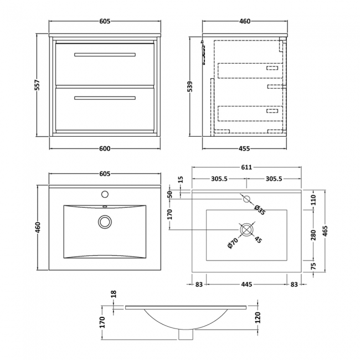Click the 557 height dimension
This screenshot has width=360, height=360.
(x=38, y=84)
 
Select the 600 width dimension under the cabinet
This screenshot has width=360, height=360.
(x=105, y=148)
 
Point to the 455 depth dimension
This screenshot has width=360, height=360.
(x=244, y=148)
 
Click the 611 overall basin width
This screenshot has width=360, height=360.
(x=246, y=168)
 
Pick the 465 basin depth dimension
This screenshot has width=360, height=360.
(x=325, y=229)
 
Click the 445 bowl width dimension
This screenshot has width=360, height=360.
(x=246, y=284)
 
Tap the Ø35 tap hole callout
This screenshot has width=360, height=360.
(x=259, y=209)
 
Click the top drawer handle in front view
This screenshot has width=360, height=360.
(x=105, y=54)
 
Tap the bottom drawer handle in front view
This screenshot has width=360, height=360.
(x=105, y=98)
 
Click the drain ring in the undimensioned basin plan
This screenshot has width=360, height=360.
(x=104, y=222)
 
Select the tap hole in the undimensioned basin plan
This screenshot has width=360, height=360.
(x=104, y=194)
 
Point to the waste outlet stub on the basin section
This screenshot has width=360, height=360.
(x=186, y=335)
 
